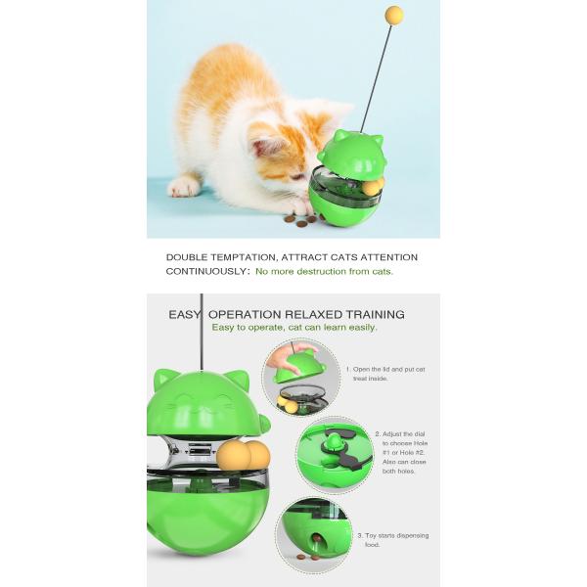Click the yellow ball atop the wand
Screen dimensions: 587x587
(394, 15)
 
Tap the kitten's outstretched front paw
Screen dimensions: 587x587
(183, 186)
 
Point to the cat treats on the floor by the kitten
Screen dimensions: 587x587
(300, 220)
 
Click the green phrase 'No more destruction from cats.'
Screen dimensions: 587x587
(324, 271)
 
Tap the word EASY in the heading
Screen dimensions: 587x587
(185, 314)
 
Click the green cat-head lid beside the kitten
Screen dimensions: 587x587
(352, 152)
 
